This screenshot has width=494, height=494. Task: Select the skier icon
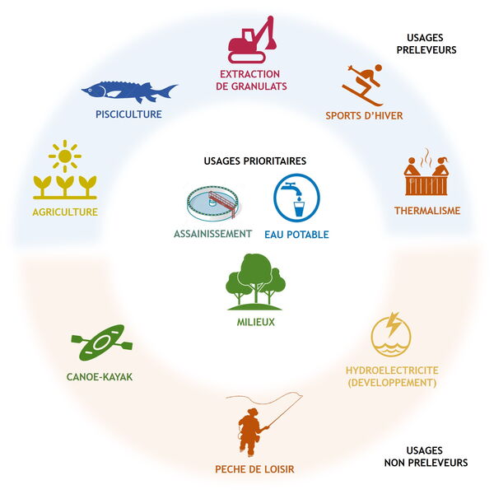pyautogui.click(x=363, y=83)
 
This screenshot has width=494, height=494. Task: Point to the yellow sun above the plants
pyautogui.click(x=64, y=156)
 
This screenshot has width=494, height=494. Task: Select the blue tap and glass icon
pyautogui.click(x=296, y=198)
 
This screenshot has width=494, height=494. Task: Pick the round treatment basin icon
pyautogui.click(x=212, y=203)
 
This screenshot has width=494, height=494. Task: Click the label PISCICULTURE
pyautogui.click(x=128, y=114)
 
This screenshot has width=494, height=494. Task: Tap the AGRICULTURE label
pyautogui.click(x=65, y=212)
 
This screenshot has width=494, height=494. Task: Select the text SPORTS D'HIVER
pyautogui.click(x=364, y=115)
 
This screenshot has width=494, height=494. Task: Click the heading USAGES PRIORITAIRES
pyautogui.click(x=255, y=161)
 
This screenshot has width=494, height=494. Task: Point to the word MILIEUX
pyautogui.click(x=255, y=322)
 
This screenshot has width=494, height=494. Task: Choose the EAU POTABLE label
pyautogui.click(x=296, y=235)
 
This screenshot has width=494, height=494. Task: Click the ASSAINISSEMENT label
pyautogui.click(x=212, y=234)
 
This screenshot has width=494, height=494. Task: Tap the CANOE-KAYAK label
pyautogui.click(x=99, y=377)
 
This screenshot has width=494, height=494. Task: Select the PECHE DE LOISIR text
pyautogui.click(x=254, y=469)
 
